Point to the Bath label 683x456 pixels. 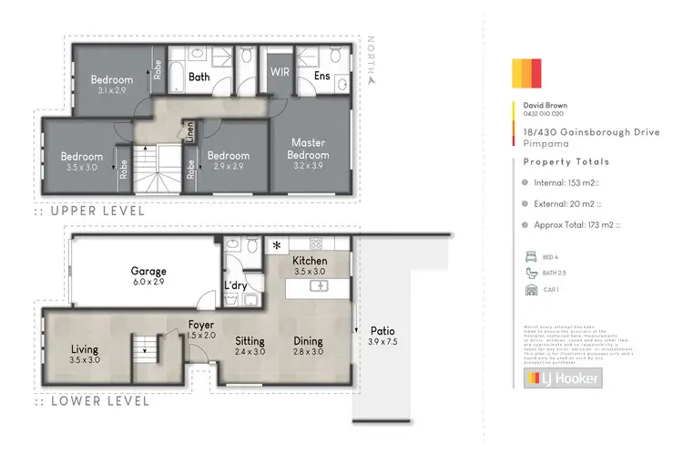199,78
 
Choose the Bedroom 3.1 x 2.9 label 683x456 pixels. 111,86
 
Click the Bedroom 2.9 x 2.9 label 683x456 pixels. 228,161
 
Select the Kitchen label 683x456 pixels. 308,265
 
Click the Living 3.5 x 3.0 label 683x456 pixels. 85,354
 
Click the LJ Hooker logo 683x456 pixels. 561,378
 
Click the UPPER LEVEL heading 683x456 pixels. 96,210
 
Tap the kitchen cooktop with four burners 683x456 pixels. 316,244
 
